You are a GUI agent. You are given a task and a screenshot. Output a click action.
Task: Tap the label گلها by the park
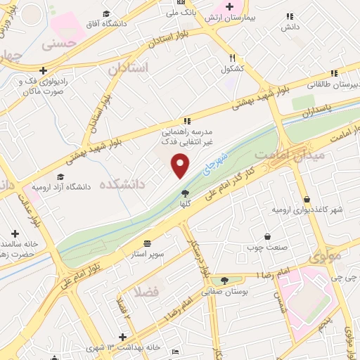coord(185,203)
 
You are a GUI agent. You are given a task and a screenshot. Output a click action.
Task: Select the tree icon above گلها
coord(185,192)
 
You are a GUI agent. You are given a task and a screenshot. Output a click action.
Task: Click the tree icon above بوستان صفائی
coord(224,280)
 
